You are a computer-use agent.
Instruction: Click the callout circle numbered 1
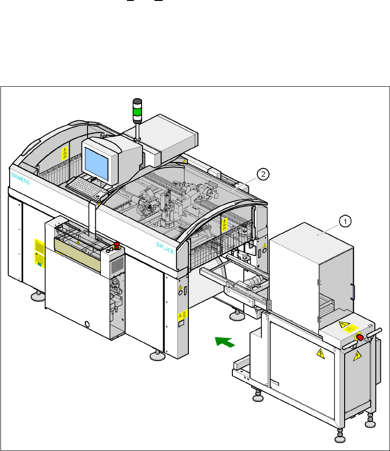pyautogui.click(x=345, y=221)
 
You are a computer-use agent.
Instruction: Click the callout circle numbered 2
pyautogui.click(x=262, y=173)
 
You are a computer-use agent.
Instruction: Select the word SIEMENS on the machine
pyautogui.click(x=21, y=178)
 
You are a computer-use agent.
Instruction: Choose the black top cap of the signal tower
pyautogui.click(x=137, y=101)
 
